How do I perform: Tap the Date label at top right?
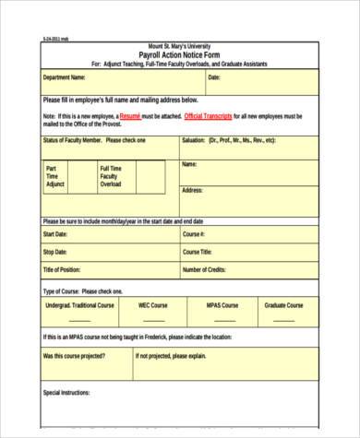(214, 78)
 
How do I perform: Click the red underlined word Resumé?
(129, 116)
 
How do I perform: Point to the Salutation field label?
(229, 140)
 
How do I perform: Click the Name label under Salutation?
(189, 164)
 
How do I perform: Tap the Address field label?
(192, 190)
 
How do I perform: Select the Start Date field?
(55, 234)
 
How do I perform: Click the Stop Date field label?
(55, 252)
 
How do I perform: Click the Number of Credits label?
(204, 270)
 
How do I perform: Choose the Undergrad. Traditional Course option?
(80, 304)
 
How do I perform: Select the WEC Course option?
(153, 304)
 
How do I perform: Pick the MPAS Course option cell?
(222, 304)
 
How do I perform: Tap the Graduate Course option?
(283, 304)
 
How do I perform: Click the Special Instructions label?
(67, 393)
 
